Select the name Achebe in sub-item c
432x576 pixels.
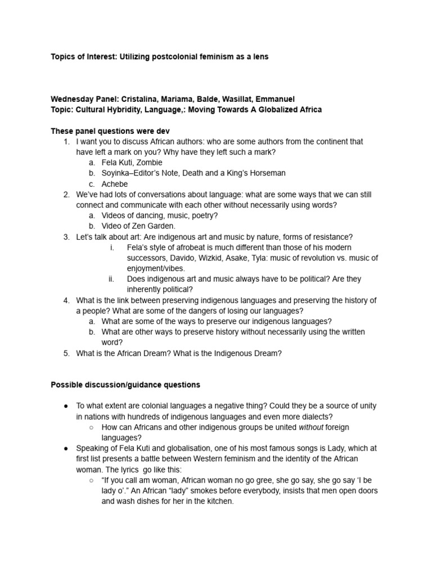point(115,184)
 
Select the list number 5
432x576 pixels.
point(66,353)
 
